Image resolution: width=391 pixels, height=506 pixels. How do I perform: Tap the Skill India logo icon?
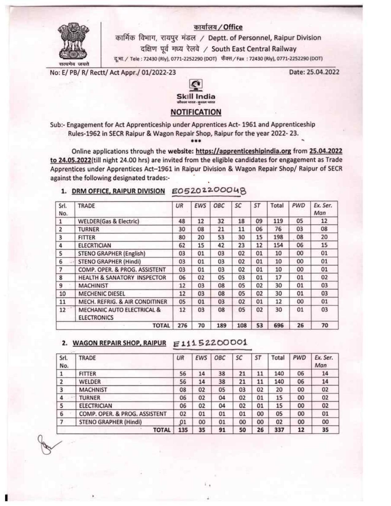pos(196,85)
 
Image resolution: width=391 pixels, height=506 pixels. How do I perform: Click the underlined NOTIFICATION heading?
pos(196,112)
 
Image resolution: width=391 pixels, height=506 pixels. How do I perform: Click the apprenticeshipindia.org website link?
pos(243,151)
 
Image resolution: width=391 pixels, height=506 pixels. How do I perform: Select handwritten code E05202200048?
pos(209,191)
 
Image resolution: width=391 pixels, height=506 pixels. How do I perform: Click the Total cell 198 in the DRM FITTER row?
pos(278,237)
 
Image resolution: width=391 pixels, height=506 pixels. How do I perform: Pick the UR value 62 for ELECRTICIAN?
pos(182,245)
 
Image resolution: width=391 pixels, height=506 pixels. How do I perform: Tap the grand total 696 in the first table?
pos(278,325)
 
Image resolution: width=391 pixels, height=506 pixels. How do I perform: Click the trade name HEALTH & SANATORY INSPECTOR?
pos(122,278)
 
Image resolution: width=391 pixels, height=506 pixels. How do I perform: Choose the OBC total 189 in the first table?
pos(221,325)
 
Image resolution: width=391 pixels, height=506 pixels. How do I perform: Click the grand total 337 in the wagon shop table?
pos(279,430)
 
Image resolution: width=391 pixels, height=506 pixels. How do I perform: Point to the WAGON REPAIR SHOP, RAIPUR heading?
pos(119,343)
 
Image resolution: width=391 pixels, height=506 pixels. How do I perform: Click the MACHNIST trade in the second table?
pos(93,390)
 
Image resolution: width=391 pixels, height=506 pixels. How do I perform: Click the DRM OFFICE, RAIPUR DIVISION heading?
pos(118,191)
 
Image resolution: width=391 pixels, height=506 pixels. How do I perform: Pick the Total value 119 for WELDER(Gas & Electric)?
pos(278,221)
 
